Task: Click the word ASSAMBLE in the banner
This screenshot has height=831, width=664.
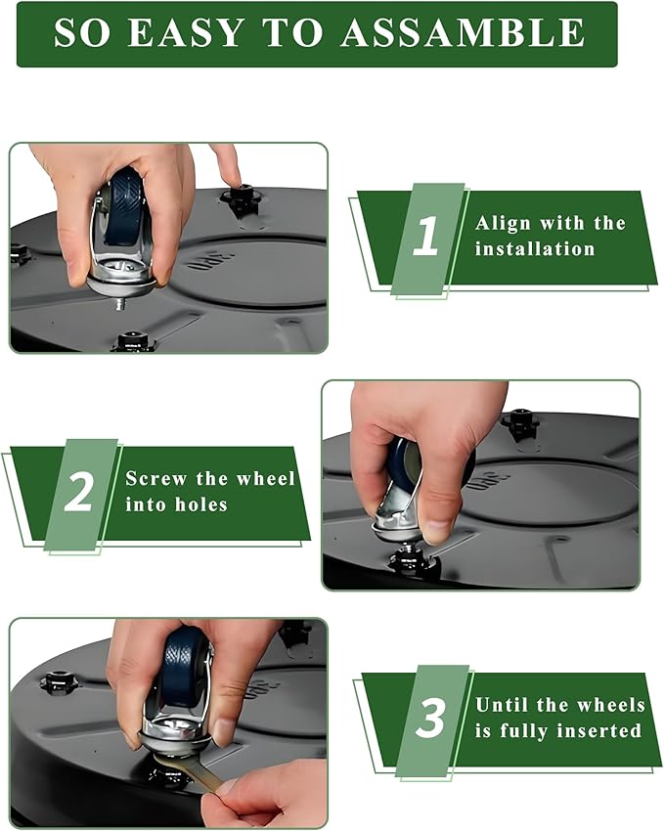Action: [463, 32]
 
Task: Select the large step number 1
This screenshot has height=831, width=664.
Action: [426, 236]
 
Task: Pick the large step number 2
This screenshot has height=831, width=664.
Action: [78, 492]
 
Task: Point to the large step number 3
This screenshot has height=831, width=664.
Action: [429, 718]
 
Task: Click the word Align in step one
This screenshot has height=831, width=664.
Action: [503, 223]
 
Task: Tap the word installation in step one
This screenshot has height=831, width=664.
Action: [534, 248]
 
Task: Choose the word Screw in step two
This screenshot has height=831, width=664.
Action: [156, 478]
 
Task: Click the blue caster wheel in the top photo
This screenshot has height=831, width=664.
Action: [123, 207]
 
